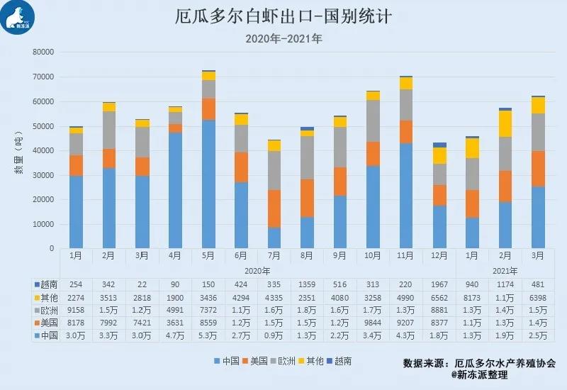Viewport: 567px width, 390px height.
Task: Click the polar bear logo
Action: [18, 18]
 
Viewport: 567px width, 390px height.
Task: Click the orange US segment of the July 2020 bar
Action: [274, 208]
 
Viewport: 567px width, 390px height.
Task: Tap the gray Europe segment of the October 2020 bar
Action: [373, 121]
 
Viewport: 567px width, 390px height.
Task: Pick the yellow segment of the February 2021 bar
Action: [505, 124]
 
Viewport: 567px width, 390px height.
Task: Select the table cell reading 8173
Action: [471, 296]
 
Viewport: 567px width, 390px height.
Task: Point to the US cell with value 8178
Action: [77, 322]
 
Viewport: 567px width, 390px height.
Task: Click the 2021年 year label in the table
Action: [505, 270]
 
